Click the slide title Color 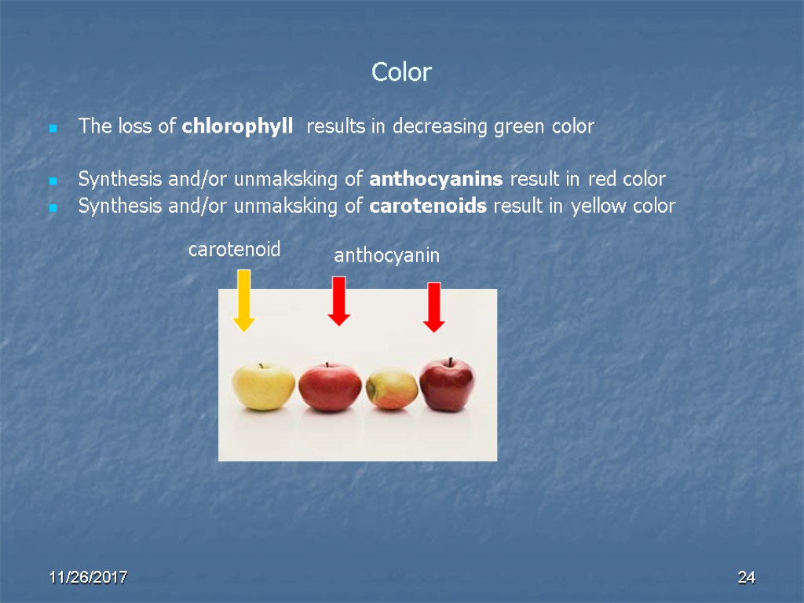(401, 73)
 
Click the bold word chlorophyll (238, 126)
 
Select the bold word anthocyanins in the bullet (436, 180)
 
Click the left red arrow (338, 301)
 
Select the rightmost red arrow (433, 307)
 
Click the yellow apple (263, 386)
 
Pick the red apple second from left (330, 386)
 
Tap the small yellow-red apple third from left (391, 389)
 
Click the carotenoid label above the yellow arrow (234, 250)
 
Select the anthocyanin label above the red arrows (386, 255)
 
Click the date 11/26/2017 (89, 579)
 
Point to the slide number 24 (746, 579)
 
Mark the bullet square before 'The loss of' (53, 127)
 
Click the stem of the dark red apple (451, 361)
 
